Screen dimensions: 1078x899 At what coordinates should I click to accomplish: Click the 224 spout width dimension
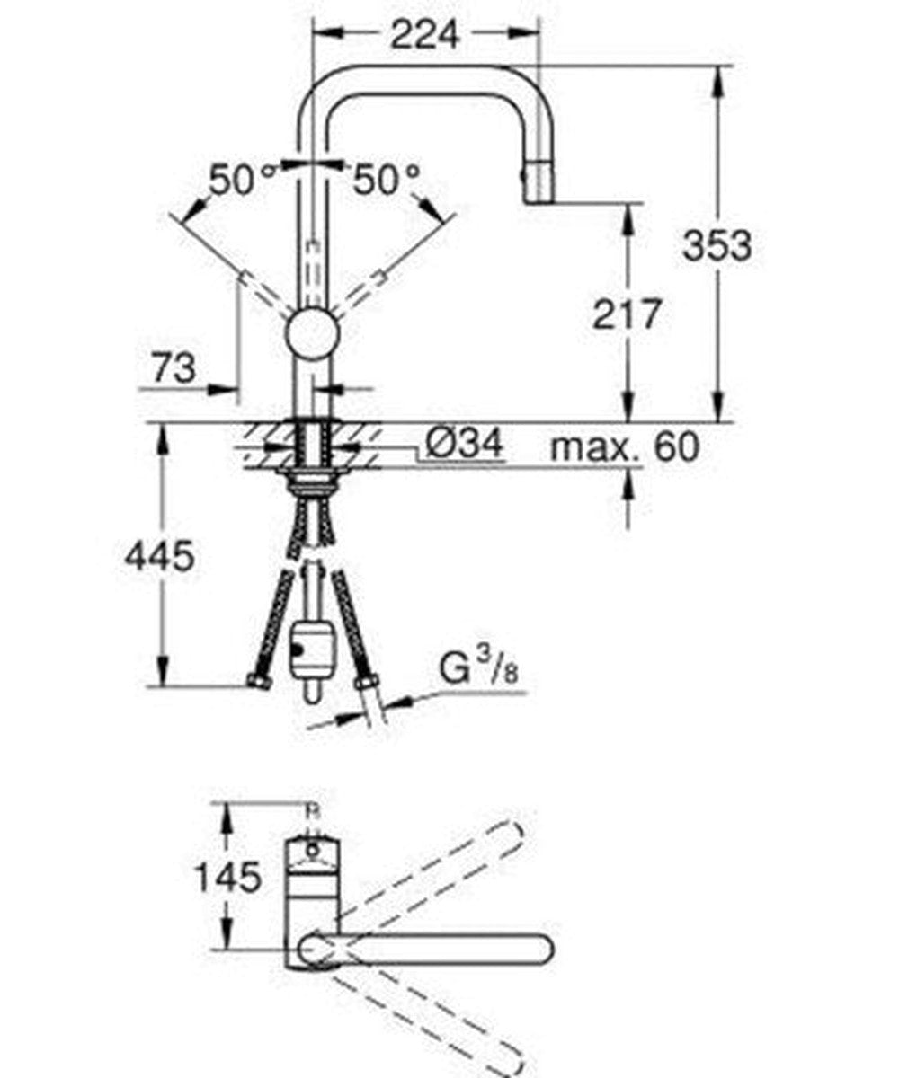click(423, 34)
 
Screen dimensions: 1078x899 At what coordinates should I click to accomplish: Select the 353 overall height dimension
click(716, 244)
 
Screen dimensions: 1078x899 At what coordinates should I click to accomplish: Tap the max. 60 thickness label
click(623, 446)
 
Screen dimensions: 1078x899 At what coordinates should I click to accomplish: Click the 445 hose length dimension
click(159, 557)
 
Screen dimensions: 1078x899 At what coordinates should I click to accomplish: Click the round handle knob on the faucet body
click(312, 336)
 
